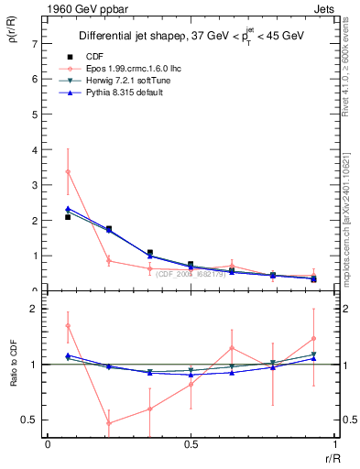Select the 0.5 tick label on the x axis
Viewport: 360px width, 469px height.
click(x=191, y=443)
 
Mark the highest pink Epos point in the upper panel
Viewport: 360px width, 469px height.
click(x=68, y=171)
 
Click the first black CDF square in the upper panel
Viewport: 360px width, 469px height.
click(x=68, y=217)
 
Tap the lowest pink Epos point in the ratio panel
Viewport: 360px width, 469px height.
click(x=109, y=423)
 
